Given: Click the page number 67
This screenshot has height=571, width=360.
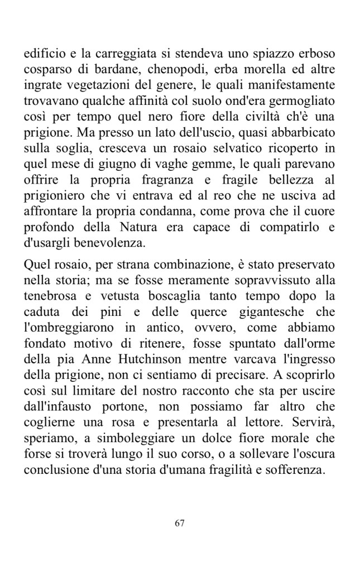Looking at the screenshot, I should click(180, 523).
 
